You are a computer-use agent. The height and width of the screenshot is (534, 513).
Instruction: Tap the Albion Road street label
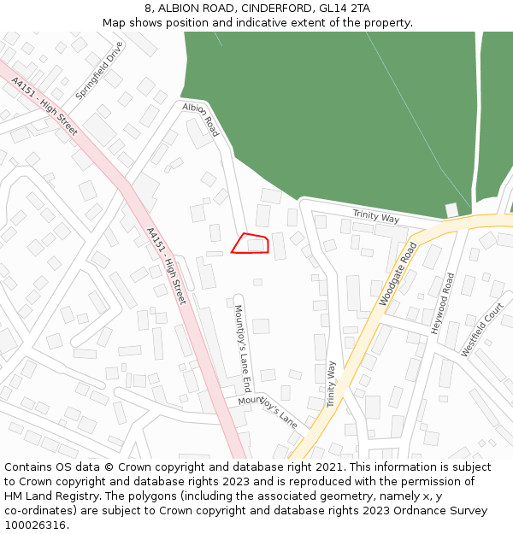coord(201,119)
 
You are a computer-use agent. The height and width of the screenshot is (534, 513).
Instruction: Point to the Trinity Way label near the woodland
coord(376,216)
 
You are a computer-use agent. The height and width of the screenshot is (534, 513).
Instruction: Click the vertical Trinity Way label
coord(331,384)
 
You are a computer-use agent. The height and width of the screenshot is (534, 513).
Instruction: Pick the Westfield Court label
coord(482,329)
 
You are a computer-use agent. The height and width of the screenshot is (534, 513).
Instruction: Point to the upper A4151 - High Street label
coord(44,107)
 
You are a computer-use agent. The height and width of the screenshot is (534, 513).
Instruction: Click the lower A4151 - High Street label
coord(166,266)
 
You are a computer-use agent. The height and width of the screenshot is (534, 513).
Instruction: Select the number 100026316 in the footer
coord(35,525)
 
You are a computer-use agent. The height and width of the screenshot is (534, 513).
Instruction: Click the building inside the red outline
coord(256,245)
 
